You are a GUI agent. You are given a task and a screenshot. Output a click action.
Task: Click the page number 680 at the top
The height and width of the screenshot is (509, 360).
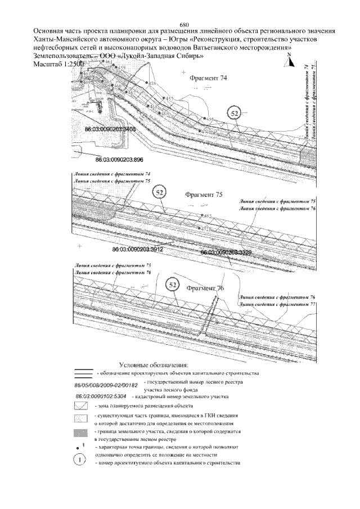(x=184, y=24)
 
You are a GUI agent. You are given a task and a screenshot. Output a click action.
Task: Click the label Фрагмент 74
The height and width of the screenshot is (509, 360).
(x=209, y=79)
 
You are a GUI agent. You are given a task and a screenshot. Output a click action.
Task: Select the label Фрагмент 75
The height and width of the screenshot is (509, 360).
(x=204, y=195)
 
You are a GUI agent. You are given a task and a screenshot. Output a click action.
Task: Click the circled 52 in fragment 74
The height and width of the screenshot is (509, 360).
(x=235, y=114)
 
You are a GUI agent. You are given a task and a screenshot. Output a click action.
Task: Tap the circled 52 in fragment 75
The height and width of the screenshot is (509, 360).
(x=160, y=193)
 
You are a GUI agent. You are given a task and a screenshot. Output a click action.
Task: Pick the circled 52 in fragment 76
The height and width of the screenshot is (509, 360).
(x=174, y=286)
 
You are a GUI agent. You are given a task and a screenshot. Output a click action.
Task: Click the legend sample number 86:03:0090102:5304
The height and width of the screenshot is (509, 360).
(x=98, y=396)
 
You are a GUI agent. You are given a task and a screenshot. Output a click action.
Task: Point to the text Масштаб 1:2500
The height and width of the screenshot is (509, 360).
(x=51, y=64)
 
